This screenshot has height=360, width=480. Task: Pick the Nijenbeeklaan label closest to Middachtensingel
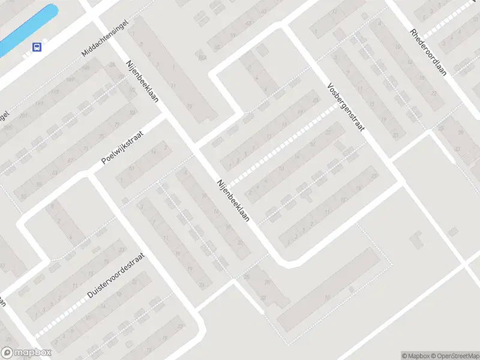142,80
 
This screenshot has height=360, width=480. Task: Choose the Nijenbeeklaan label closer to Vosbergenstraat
233,202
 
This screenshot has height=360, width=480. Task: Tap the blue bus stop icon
37,47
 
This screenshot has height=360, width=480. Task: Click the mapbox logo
26,353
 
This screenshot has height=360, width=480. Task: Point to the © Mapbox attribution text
413,356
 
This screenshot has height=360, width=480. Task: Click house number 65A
202,58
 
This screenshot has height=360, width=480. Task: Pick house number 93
133,112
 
